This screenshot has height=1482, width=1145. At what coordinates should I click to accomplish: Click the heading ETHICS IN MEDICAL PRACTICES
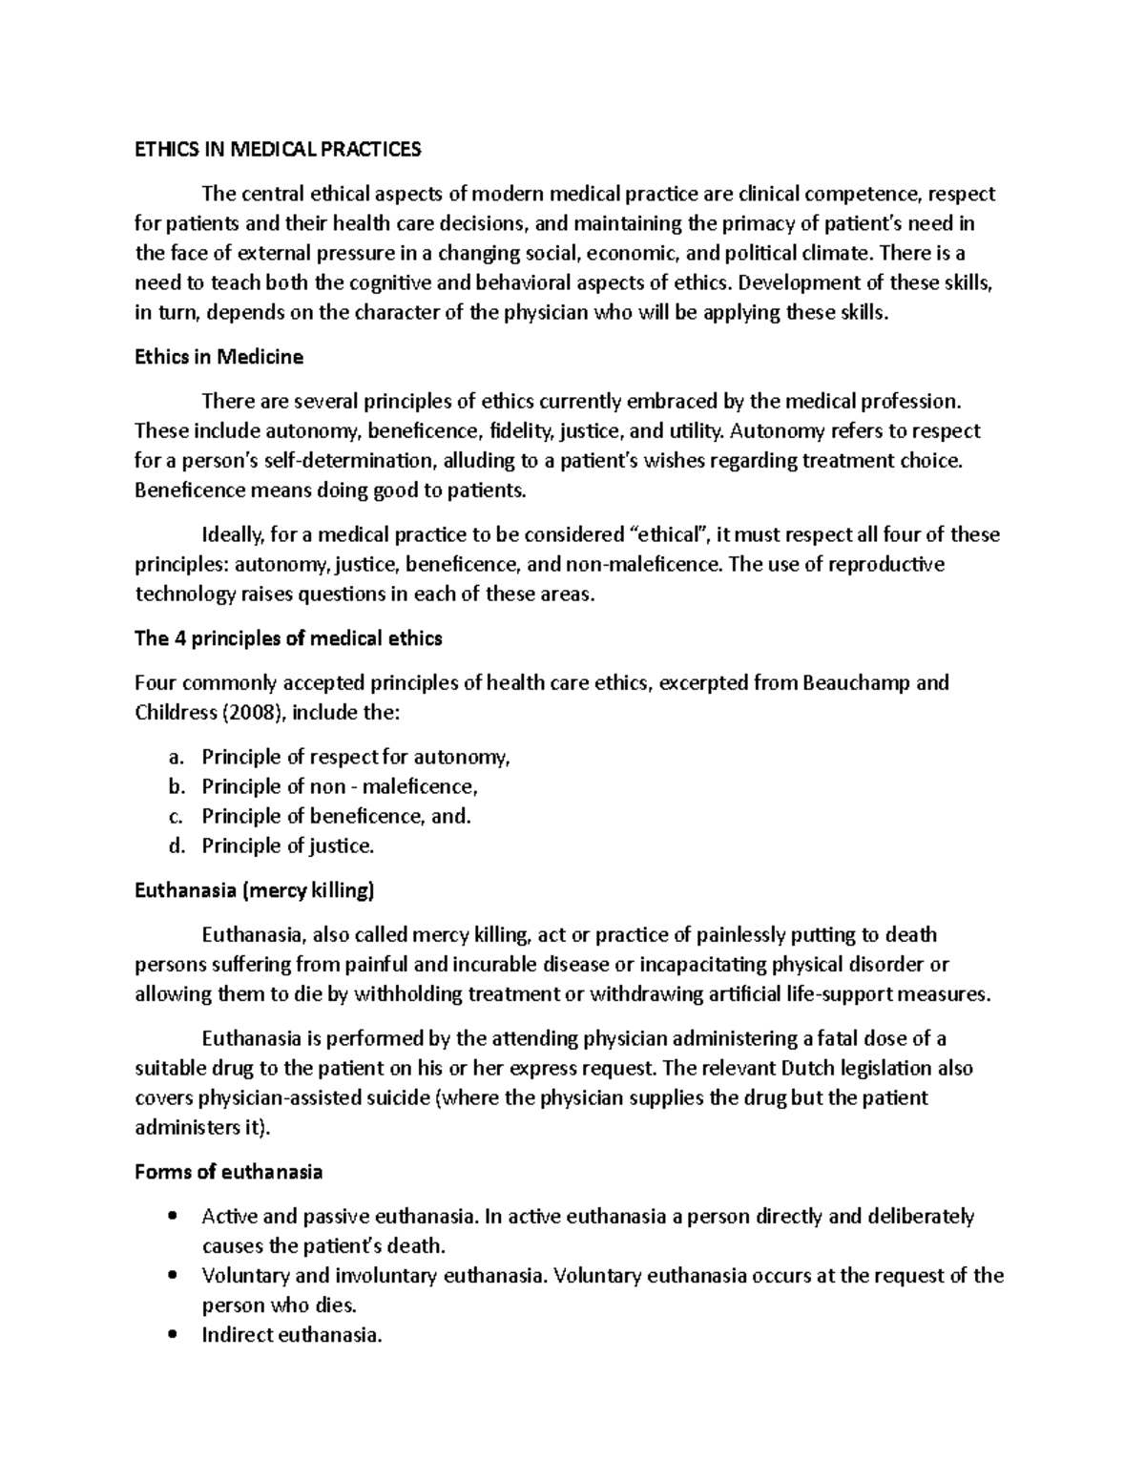point(277,149)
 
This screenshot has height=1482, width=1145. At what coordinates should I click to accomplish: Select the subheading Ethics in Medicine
point(219,357)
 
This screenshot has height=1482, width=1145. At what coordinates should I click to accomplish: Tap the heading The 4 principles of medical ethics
point(288,638)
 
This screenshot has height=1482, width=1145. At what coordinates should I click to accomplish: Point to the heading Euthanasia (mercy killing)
point(255,890)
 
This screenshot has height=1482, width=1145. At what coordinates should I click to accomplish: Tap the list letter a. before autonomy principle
point(174,758)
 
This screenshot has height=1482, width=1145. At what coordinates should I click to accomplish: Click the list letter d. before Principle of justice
point(174,846)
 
